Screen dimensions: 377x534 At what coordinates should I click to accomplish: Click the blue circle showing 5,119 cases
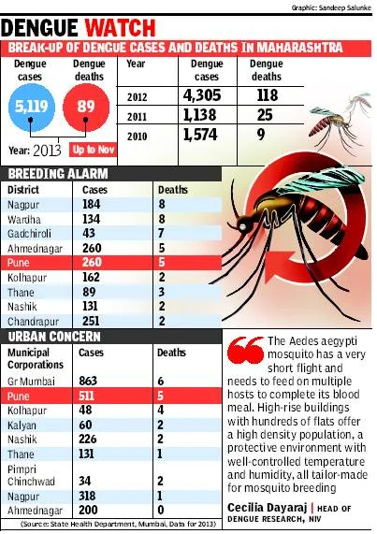click(32, 108)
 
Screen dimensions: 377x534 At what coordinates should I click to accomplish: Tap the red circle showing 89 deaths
click(86, 108)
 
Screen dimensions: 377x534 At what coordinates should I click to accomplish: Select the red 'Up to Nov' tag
click(93, 150)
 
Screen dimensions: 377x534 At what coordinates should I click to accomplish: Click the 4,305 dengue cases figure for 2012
click(202, 95)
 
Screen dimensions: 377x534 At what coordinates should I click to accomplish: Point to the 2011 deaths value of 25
click(265, 115)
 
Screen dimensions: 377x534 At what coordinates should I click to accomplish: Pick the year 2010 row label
click(137, 137)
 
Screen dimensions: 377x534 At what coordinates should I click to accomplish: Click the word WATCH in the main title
click(121, 28)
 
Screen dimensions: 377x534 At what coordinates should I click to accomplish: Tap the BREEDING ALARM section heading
click(58, 174)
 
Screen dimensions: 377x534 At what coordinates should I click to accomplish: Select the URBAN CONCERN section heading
click(54, 337)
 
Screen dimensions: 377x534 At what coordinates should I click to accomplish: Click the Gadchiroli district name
click(29, 234)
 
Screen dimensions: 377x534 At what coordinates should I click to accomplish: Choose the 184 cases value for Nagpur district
click(92, 204)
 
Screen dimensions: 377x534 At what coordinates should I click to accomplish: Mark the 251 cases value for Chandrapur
click(91, 321)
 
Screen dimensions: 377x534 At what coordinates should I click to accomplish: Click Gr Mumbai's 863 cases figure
click(88, 381)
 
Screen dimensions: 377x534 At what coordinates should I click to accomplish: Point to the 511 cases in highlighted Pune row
click(86, 396)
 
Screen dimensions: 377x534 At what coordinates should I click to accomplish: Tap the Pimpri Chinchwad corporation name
click(31, 475)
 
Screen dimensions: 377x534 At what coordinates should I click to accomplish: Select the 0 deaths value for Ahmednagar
click(161, 511)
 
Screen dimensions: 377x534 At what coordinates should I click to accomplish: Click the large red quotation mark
click(245, 350)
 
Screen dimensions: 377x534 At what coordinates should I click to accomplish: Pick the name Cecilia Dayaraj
click(268, 508)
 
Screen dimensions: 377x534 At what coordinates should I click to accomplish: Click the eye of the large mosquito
click(242, 225)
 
